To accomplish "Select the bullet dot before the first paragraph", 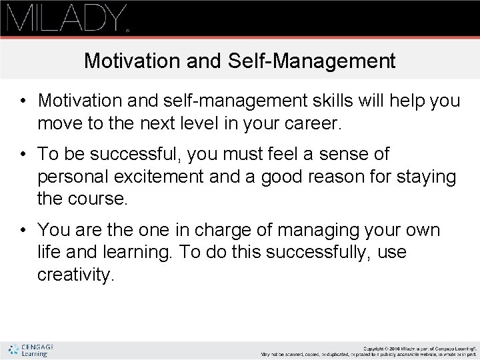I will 23,101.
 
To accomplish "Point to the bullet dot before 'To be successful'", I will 23,155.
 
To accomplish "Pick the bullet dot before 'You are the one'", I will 23,231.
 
